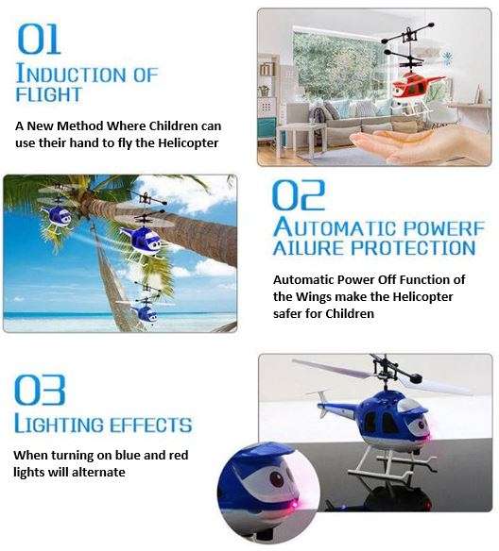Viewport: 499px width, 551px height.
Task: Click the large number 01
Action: (39, 39)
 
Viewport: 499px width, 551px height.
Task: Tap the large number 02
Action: (299, 194)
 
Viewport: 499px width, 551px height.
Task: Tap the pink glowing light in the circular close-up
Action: (282, 510)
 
